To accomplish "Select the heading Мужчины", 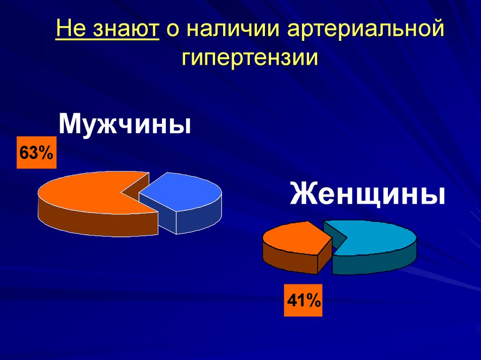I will (x=125, y=124).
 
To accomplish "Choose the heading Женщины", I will (x=367, y=195).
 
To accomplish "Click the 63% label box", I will (x=37, y=153).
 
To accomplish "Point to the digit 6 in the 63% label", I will (x=24, y=153).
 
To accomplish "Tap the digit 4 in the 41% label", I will (x=294, y=299).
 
